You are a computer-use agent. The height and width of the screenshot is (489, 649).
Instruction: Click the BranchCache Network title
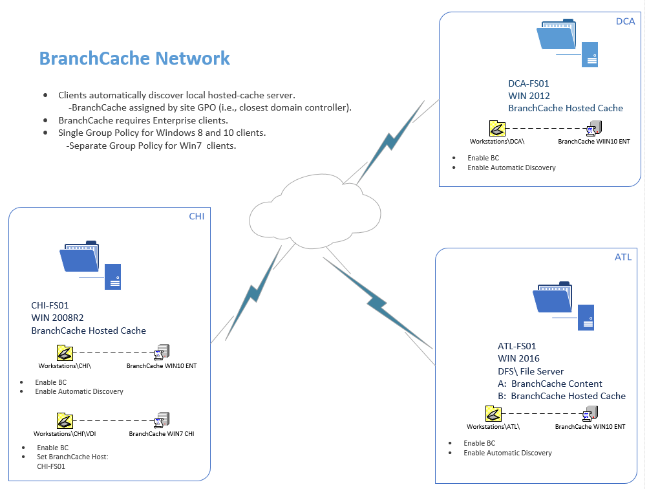(134, 58)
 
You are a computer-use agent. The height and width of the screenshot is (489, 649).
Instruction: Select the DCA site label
(625, 21)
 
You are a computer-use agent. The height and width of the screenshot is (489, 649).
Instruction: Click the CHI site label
(197, 217)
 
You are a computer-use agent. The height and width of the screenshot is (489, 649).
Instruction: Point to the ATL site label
(622, 257)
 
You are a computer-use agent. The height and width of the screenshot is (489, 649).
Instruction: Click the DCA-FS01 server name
(529, 83)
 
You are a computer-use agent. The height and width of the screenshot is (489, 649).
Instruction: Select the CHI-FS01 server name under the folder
(50, 305)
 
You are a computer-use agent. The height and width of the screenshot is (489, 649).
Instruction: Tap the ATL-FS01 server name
(517, 346)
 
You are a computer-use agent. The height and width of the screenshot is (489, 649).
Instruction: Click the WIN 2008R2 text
(58, 318)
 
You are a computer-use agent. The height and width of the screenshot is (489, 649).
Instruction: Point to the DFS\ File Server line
(531, 371)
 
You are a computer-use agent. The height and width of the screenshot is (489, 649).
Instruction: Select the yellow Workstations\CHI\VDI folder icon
(65, 421)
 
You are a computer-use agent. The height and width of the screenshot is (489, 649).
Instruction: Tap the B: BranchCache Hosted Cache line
(562, 396)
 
